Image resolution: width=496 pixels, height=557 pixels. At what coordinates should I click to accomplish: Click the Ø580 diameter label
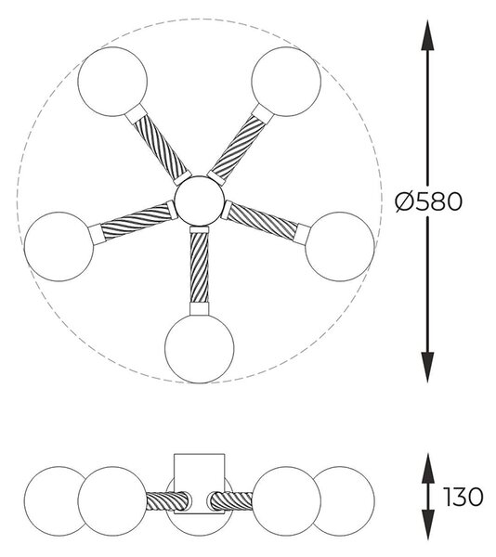[429, 201]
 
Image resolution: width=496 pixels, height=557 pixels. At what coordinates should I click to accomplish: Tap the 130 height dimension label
[463, 497]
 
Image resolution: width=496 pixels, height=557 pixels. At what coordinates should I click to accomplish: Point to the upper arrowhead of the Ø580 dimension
[427, 35]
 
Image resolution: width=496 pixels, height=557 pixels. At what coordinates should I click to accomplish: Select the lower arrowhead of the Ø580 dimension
[427, 368]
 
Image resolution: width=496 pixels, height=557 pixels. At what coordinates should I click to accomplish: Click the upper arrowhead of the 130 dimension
[428, 468]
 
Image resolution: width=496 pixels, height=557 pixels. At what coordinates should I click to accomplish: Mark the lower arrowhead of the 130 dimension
[428, 525]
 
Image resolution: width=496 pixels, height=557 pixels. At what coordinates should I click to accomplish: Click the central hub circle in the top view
[200, 201]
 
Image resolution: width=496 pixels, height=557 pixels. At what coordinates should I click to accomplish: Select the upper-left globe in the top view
[112, 82]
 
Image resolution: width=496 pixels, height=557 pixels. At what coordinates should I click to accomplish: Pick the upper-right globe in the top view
[286, 82]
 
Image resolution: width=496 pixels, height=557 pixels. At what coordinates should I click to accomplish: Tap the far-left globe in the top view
[59, 247]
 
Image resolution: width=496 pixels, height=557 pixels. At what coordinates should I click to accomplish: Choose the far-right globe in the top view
[340, 247]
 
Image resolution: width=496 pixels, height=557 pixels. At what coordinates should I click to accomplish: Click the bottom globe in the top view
[200, 348]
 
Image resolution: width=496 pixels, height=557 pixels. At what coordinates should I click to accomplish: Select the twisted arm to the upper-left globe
[160, 146]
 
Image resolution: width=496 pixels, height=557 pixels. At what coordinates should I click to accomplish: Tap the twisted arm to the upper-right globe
[239, 146]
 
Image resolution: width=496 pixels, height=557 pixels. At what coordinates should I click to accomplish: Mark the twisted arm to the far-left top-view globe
[136, 222]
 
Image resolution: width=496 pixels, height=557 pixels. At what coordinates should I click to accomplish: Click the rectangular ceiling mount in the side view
[200, 484]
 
